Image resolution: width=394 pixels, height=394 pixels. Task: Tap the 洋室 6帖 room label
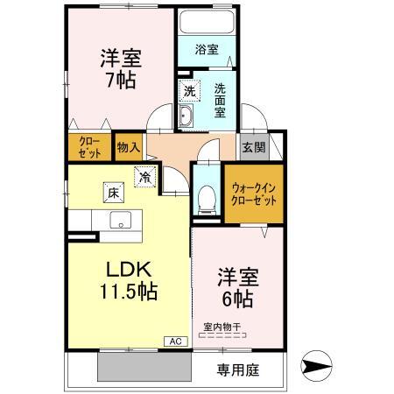[236, 287]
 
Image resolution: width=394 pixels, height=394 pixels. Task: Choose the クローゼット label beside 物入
[89, 146]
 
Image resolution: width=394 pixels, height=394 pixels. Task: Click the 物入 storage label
[127, 147]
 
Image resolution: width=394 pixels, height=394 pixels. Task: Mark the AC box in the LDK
[173, 341]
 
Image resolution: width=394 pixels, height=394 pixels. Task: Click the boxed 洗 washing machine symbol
[189, 90]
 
